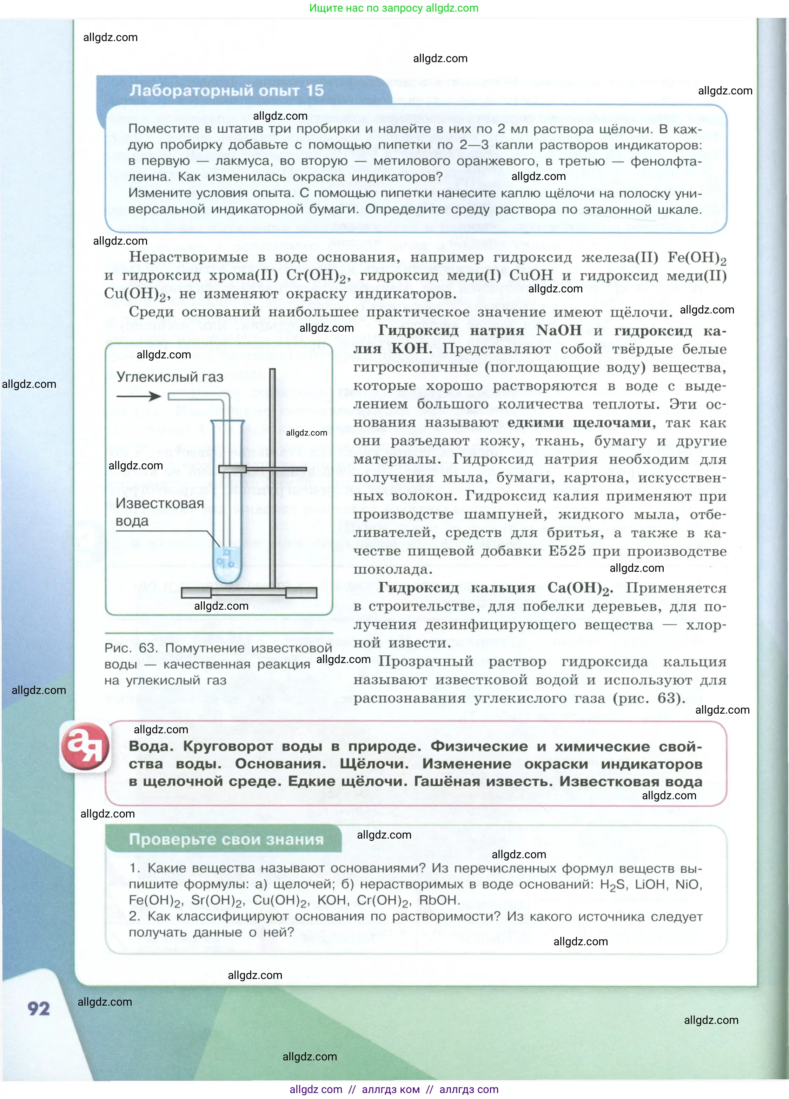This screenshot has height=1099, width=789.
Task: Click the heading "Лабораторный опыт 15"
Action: tap(226, 90)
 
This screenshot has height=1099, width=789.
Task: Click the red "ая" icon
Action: tap(85, 747)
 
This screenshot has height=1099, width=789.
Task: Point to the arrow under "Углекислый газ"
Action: tap(139, 396)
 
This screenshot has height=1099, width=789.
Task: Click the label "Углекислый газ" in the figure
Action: tap(170, 377)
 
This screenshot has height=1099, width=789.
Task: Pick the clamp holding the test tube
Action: tap(262, 469)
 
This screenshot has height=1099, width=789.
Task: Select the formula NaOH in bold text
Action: tap(559, 331)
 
